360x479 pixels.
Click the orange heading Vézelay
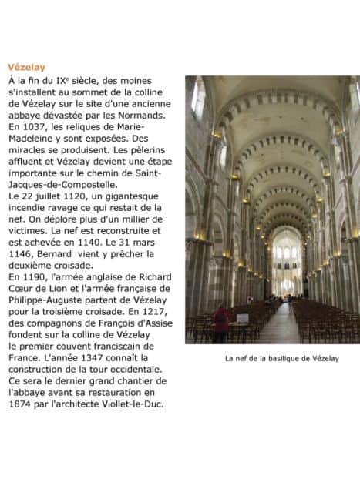coord(26,68)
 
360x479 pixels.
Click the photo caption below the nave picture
coord(271,358)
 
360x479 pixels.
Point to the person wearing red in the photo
coord(222,320)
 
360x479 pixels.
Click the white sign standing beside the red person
coord(242,318)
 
